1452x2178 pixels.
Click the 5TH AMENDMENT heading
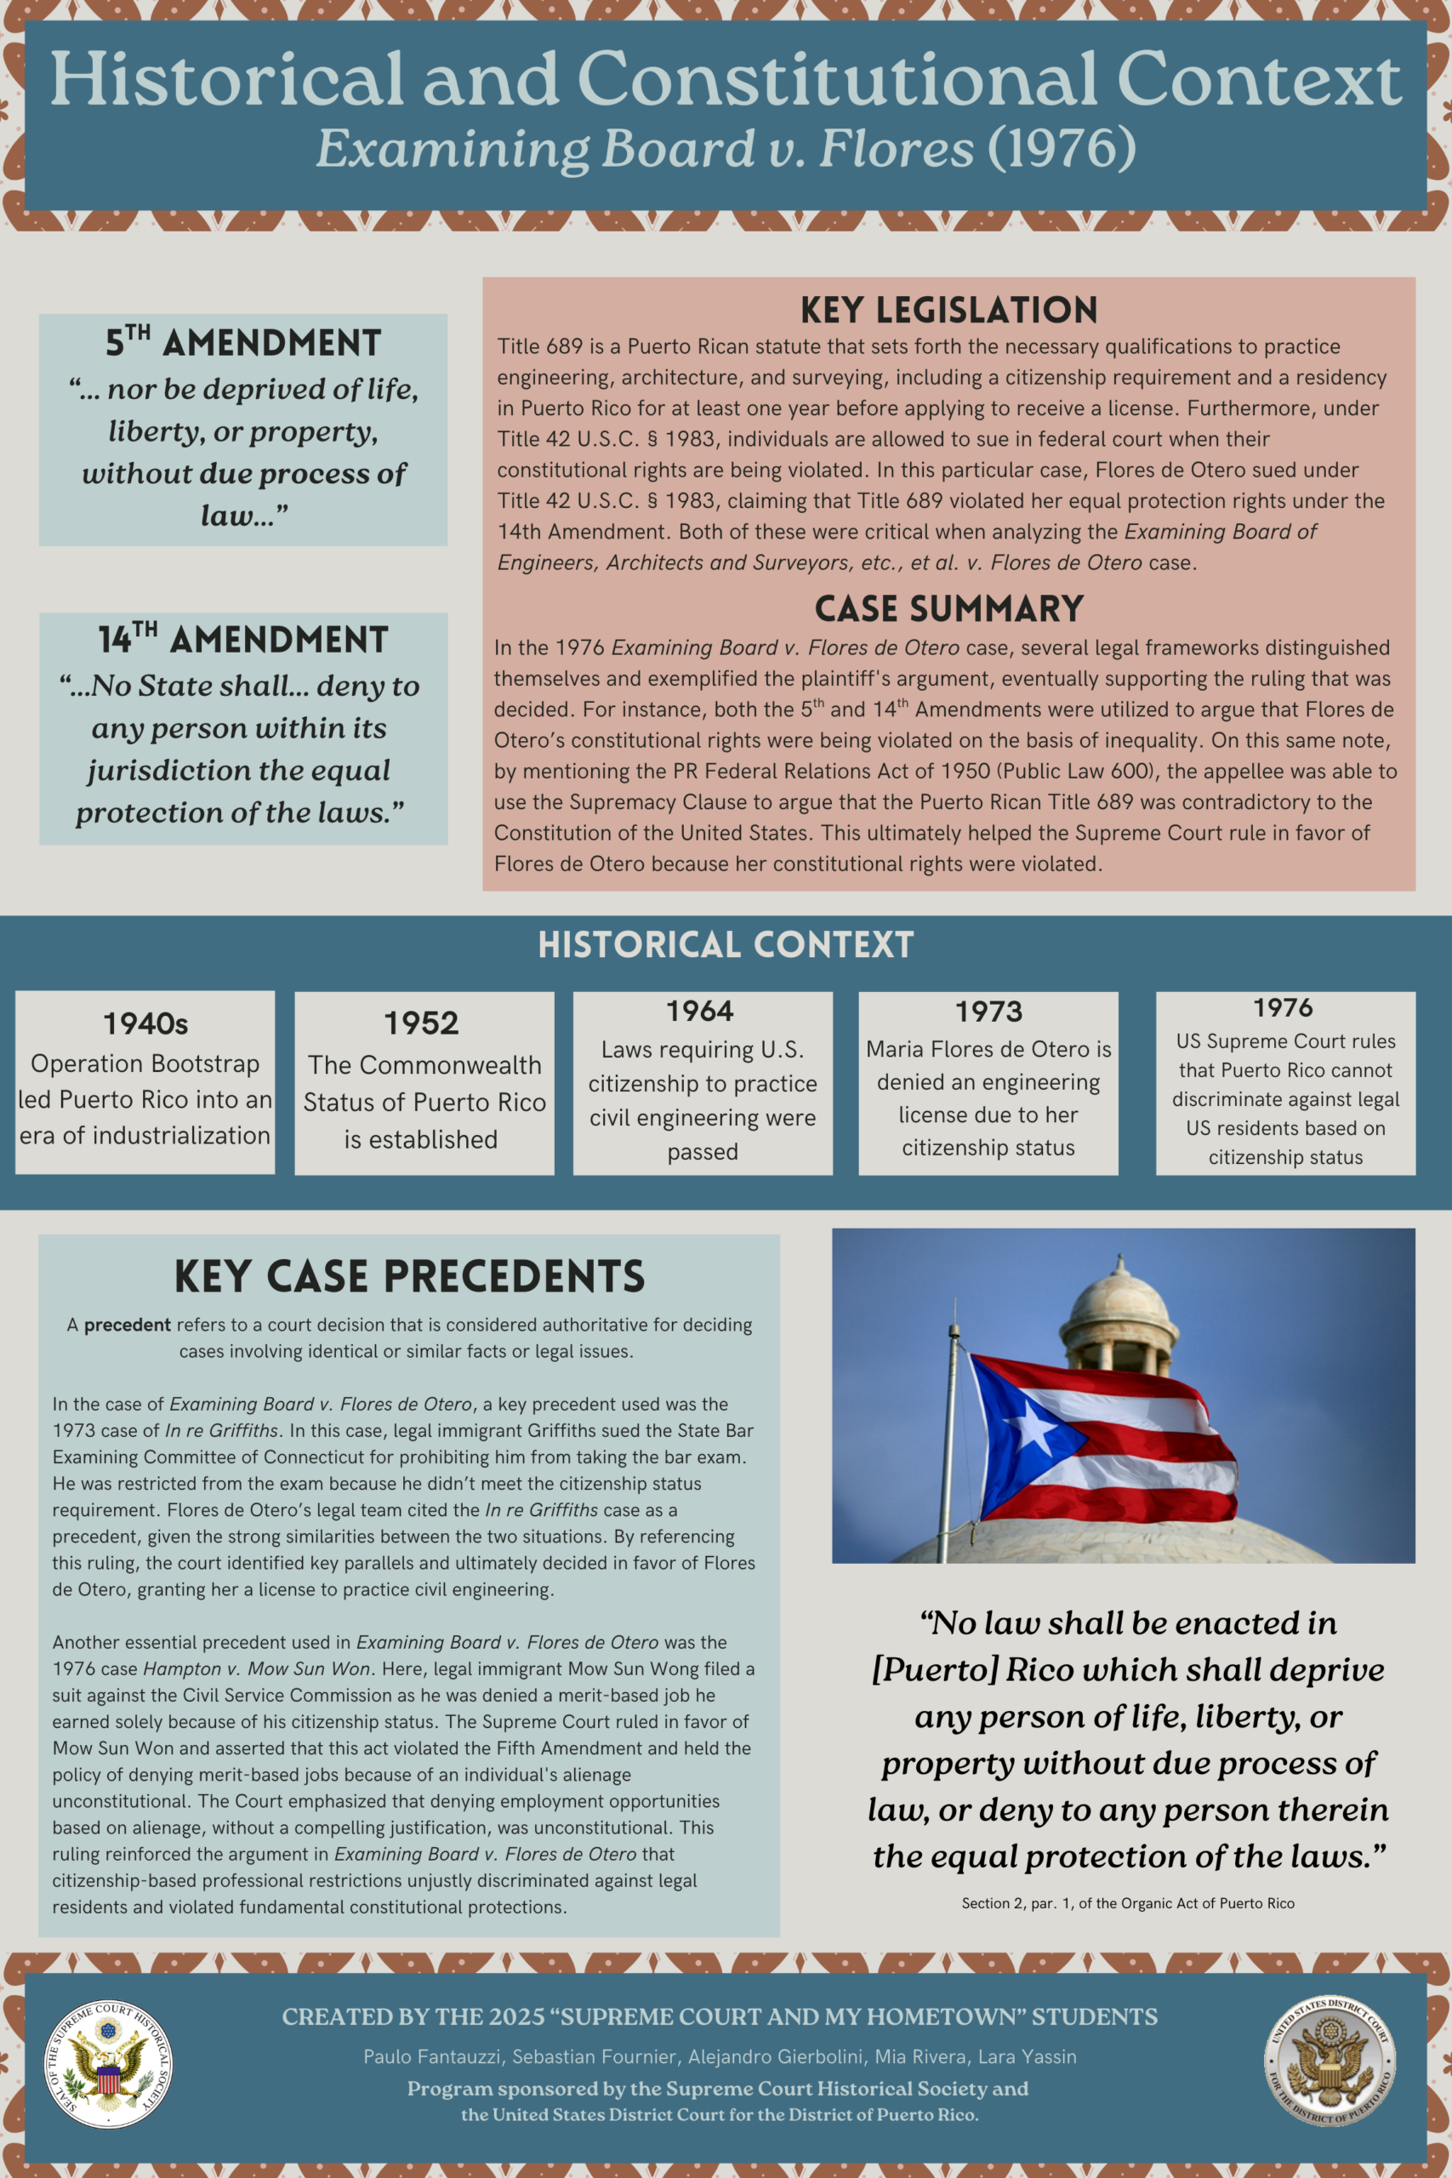point(242,343)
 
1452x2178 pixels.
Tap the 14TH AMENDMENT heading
point(242,640)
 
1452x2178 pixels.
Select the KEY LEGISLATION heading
point(948,311)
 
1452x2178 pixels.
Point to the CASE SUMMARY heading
point(948,609)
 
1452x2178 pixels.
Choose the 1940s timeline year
point(145,1023)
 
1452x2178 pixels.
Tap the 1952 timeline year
point(421,1023)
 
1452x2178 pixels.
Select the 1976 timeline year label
point(1283,1007)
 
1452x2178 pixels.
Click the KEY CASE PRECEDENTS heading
point(409,1276)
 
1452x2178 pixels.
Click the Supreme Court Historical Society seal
point(109,2064)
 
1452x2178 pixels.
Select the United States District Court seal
point(1330,2061)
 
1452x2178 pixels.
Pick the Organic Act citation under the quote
point(1127,1903)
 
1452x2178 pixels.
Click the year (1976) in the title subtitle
point(1062,148)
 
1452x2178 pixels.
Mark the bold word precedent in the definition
point(128,1326)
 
